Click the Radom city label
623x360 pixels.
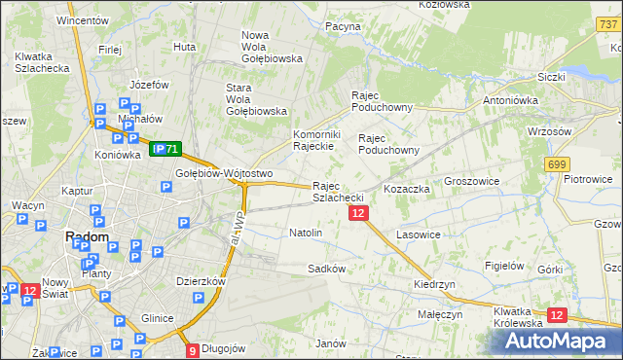[x=86, y=236]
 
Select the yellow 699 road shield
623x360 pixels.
[x=558, y=164]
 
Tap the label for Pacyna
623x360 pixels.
[x=343, y=26]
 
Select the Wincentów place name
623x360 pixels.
[x=82, y=19]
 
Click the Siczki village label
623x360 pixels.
[x=551, y=76]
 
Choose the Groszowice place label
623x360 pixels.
[x=471, y=181]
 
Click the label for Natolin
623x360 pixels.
[x=306, y=233]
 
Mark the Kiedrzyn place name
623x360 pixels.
[x=434, y=284]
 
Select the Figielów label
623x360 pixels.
[x=504, y=265]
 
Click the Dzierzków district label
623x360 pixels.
[x=201, y=281]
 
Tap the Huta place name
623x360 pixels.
[x=184, y=46]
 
